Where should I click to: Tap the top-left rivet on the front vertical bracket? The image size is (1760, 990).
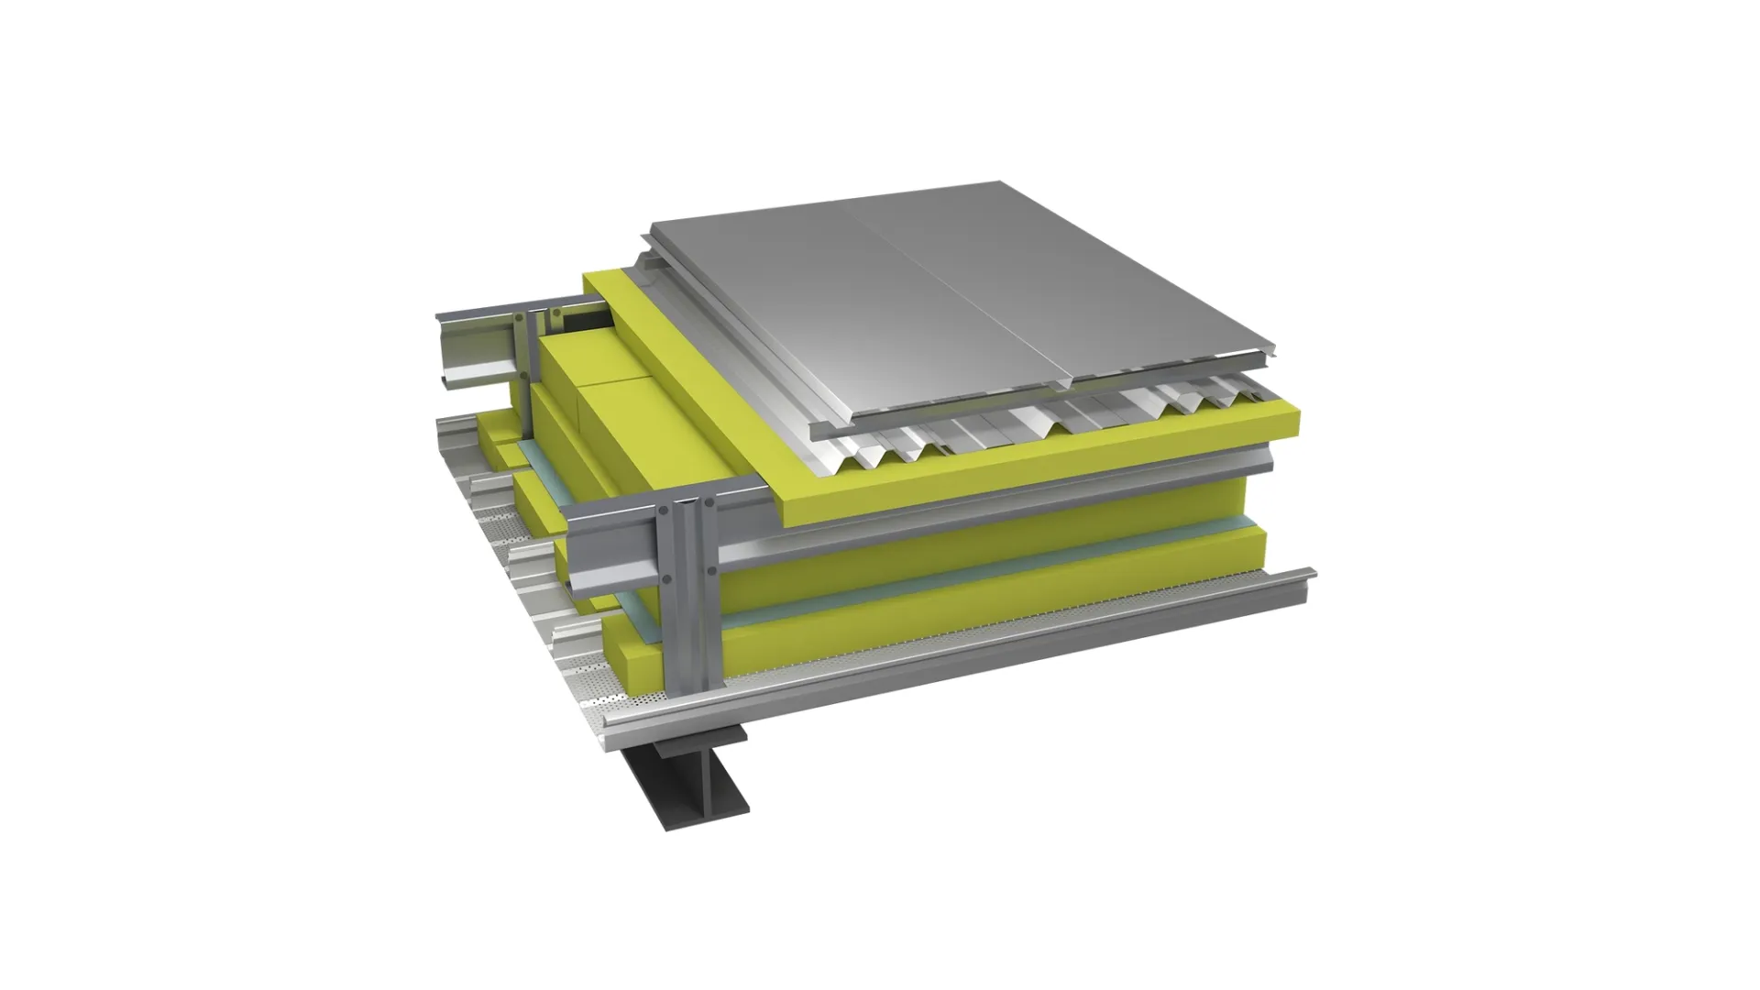[x=664, y=510]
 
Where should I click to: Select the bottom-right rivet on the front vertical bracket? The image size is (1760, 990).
[x=711, y=570]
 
